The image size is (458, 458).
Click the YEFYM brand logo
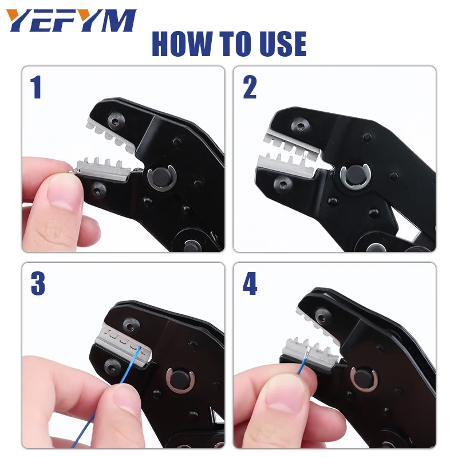(x=72, y=22)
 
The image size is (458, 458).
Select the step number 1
(x=36, y=88)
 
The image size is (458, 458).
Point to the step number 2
(x=250, y=88)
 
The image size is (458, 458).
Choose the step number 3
(x=37, y=285)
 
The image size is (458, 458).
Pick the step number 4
(x=250, y=285)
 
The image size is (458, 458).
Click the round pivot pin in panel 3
(x=179, y=380)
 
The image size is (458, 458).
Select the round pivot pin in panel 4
(x=365, y=380)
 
